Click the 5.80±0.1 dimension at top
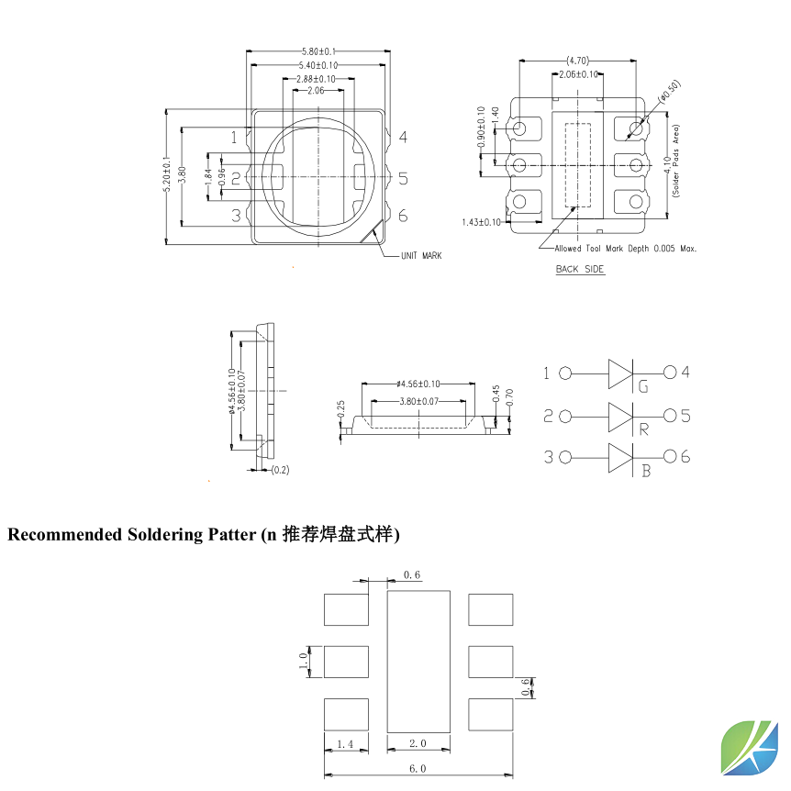click(319, 51)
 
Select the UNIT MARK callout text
click(420, 256)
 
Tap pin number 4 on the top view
click(403, 138)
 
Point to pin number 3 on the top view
click(236, 216)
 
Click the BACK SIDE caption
click(580, 269)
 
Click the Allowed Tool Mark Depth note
click(626, 248)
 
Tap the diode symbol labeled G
click(621, 373)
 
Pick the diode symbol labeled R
click(621, 416)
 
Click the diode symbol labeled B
click(621, 457)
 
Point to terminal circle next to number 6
click(670, 457)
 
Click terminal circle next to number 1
click(565, 373)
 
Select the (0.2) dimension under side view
click(280, 470)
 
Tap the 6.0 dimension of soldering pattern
click(418, 768)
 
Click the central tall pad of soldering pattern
click(418, 661)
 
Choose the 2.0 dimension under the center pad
click(418, 744)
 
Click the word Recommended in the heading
click(64, 534)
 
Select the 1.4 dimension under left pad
click(346, 744)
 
